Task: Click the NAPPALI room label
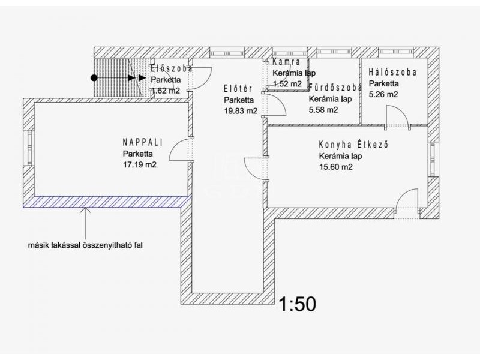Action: [x=143, y=142]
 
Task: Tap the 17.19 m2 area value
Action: [x=140, y=164]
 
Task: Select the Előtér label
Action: [x=238, y=89]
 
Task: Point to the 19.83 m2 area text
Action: [x=241, y=111]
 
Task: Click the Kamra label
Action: [x=286, y=62]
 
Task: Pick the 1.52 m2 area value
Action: [x=287, y=83]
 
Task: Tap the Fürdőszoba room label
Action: [x=335, y=88]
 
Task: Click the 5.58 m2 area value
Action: [x=323, y=110]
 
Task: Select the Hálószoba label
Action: [x=392, y=72]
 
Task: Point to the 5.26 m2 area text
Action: [x=383, y=94]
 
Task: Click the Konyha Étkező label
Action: [x=353, y=145]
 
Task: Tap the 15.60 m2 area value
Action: [x=335, y=167]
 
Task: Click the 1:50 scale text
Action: [x=297, y=304]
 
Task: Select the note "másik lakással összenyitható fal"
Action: [x=85, y=245]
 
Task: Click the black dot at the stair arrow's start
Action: [x=94, y=78]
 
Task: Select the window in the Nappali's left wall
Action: [x=30, y=148]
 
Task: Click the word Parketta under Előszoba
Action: [x=166, y=80]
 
